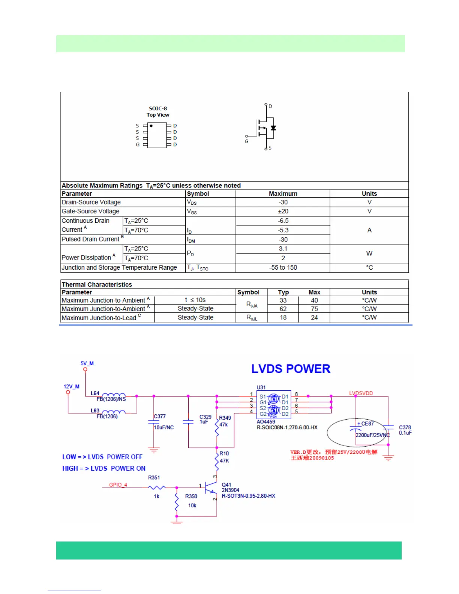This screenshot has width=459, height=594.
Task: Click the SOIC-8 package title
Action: pyautogui.click(x=158, y=109)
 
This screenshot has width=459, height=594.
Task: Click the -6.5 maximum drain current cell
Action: pyautogui.click(x=283, y=221)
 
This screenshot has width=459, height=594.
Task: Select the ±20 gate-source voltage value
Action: pyautogui.click(x=283, y=211)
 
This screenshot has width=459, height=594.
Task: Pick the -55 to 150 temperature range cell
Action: pyautogui.click(x=283, y=268)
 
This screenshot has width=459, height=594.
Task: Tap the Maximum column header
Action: pyautogui.click(x=283, y=194)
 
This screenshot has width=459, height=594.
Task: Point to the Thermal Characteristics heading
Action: pyautogui.click(x=97, y=285)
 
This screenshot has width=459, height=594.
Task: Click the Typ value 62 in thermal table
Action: pyautogui.click(x=283, y=309)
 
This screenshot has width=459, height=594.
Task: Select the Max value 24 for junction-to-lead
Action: pyautogui.click(x=314, y=318)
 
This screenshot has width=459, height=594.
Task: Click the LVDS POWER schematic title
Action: pyautogui.click(x=291, y=369)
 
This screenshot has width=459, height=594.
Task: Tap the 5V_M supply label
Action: pyautogui.click(x=87, y=363)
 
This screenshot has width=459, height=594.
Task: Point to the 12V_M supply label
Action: pyautogui.click(x=71, y=387)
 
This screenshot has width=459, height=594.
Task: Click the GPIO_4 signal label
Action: pyautogui.click(x=118, y=485)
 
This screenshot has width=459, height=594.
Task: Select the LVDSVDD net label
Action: pyautogui.click(x=361, y=393)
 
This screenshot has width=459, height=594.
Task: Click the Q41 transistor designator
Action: pyautogui.click(x=226, y=485)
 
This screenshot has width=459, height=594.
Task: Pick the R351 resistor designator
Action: pyautogui.click(x=154, y=478)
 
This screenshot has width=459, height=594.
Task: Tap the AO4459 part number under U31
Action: pyautogui.click(x=266, y=422)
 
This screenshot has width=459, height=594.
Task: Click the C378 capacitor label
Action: pyautogui.click(x=405, y=427)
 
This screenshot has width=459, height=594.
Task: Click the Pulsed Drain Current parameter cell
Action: pyautogui.click(x=91, y=239)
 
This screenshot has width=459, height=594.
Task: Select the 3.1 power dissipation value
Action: pyautogui.click(x=283, y=249)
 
